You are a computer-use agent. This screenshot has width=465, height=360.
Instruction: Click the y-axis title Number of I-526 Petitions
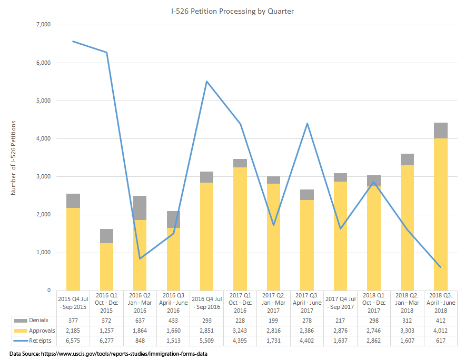coord(14,157)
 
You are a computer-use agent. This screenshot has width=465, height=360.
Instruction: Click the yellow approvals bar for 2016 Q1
coord(106,266)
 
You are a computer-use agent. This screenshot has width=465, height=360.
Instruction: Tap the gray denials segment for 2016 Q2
coord(140,208)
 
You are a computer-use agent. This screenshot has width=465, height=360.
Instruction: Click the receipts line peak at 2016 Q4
coord(206,81)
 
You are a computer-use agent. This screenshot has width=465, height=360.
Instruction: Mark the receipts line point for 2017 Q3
coord(306,123)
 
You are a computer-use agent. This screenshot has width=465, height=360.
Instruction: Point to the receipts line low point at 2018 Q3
coord(440,267)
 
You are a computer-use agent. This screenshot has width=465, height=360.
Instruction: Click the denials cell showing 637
coord(140,320)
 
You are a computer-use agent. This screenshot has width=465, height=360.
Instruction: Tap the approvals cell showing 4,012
coord(440,331)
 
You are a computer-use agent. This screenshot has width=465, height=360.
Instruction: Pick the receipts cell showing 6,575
coord(73,341)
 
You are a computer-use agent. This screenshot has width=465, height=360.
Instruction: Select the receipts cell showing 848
coord(140,341)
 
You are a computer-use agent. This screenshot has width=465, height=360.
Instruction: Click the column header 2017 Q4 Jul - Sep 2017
coord(340,303)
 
